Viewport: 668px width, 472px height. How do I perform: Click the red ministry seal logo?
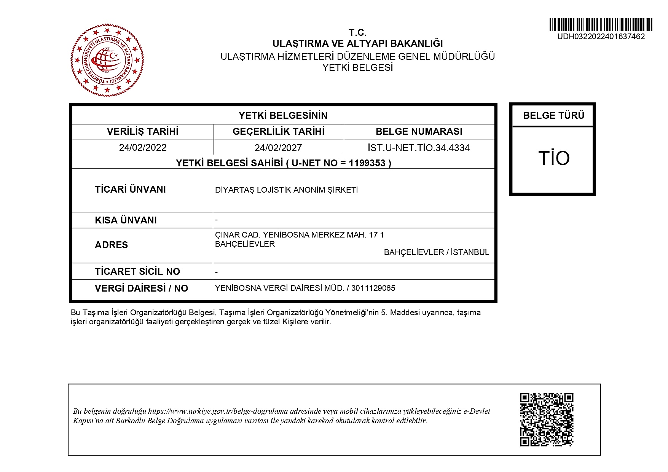(x=107, y=60)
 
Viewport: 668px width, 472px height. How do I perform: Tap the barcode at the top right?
(x=601, y=25)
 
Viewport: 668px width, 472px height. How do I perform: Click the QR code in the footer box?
(x=547, y=419)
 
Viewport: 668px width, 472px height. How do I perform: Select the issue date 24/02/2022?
(x=143, y=148)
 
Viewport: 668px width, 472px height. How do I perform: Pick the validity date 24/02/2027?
(x=278, y=148)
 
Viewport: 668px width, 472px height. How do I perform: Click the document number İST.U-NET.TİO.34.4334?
(x=419, y=148)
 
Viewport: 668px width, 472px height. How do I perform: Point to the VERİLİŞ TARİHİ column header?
(x=143, y=132)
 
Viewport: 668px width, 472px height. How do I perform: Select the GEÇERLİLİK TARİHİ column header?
(x=278, y=132)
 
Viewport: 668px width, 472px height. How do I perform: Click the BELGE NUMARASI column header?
(x=419, y=132)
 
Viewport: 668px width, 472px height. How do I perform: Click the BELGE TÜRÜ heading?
(x=553, y=116)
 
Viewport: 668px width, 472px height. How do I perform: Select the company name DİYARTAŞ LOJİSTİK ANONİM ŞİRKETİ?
(x=287, y=190)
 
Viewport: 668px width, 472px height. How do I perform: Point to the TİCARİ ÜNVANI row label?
(x=130, y=190)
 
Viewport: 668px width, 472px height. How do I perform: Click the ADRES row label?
(x=111, y=245)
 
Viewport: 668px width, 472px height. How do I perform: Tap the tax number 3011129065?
(x=373, y=288)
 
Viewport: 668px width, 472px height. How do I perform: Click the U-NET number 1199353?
(x=367, y=163)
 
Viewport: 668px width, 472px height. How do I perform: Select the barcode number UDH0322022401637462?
(x=601, y=37)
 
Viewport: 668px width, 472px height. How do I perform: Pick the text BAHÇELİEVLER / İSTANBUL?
(x=436, y=252)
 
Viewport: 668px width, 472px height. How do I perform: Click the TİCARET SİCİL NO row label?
(x=137, y=272)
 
